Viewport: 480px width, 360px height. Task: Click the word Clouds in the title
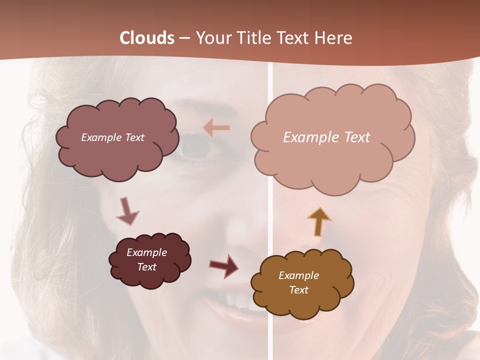click(147, 38)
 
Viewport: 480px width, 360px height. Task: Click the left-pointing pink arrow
click(216, 128)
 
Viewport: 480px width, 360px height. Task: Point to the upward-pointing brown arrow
click(318, 221)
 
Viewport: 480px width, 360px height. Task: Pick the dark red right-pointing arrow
click(224, 265)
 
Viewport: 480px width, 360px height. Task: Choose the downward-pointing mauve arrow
click(127, 211)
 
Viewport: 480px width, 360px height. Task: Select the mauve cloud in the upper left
click(117, 155)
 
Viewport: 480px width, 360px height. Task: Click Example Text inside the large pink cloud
click(326, 137)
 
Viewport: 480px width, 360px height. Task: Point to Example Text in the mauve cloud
click(112, 137)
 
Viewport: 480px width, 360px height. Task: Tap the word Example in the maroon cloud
click(146, 252)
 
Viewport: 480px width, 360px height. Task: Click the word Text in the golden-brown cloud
click(298, 290)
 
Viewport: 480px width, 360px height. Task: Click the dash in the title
click(184, 38)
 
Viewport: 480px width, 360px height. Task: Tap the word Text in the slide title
click(295, 38)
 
